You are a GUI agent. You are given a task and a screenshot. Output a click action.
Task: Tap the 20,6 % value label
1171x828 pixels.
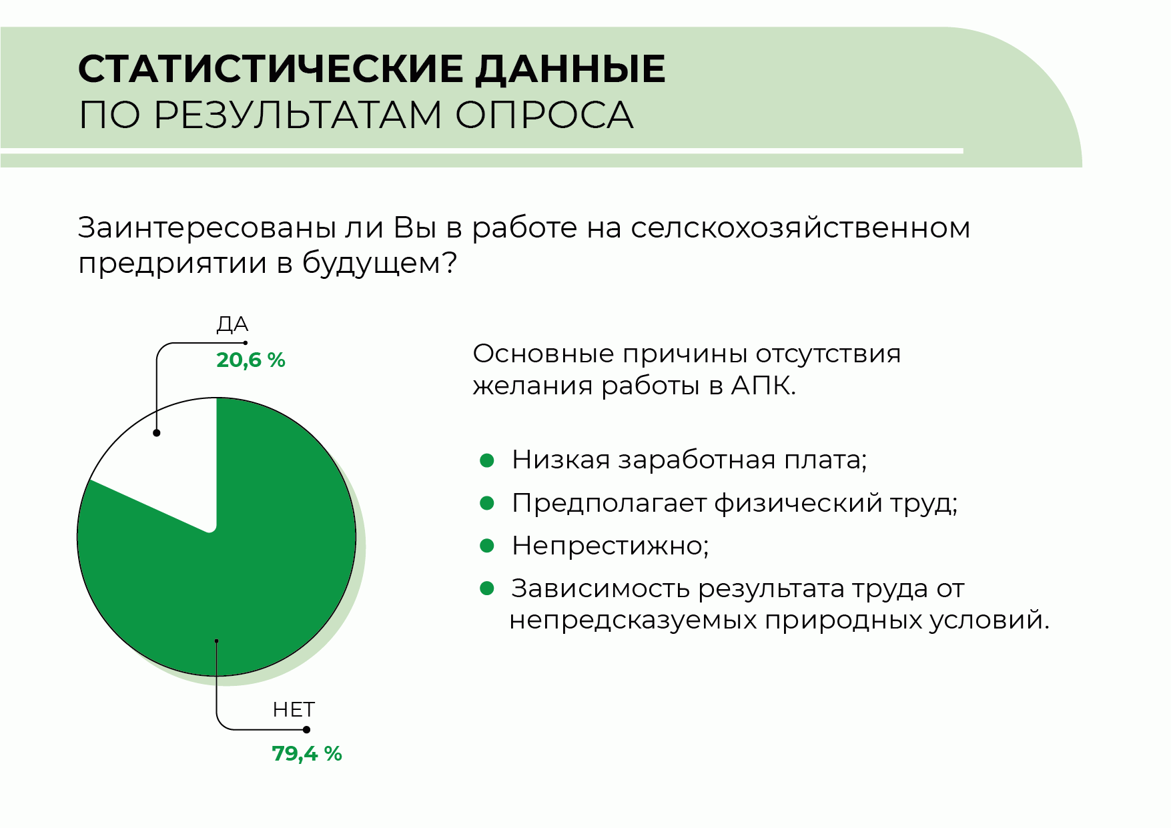(251, 360)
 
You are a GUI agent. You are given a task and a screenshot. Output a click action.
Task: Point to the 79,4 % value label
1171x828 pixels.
(307, 753)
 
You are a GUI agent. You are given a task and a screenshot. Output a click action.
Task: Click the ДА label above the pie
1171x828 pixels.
(232, 325)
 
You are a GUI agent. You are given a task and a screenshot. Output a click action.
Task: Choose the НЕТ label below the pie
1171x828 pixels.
(294, 709)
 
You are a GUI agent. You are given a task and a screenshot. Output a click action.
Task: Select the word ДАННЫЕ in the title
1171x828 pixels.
(570, 69)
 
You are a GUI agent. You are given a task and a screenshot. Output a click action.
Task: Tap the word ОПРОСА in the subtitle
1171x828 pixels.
(544, 115)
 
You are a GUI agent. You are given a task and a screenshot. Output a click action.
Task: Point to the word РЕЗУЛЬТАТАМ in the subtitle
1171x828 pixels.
(298, 115)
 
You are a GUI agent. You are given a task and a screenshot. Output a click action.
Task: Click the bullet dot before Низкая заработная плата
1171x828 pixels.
(487, 460)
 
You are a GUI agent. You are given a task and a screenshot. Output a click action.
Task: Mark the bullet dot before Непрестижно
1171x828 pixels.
(487, 546)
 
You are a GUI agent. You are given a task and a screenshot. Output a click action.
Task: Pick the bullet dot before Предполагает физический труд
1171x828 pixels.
(487, 502)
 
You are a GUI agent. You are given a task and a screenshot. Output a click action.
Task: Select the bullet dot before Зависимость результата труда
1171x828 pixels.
(487, 588)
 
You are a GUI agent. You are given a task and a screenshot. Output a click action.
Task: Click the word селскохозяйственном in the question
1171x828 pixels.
(800, 228)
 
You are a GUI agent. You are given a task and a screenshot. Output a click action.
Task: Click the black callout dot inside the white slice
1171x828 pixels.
(157, 433)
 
